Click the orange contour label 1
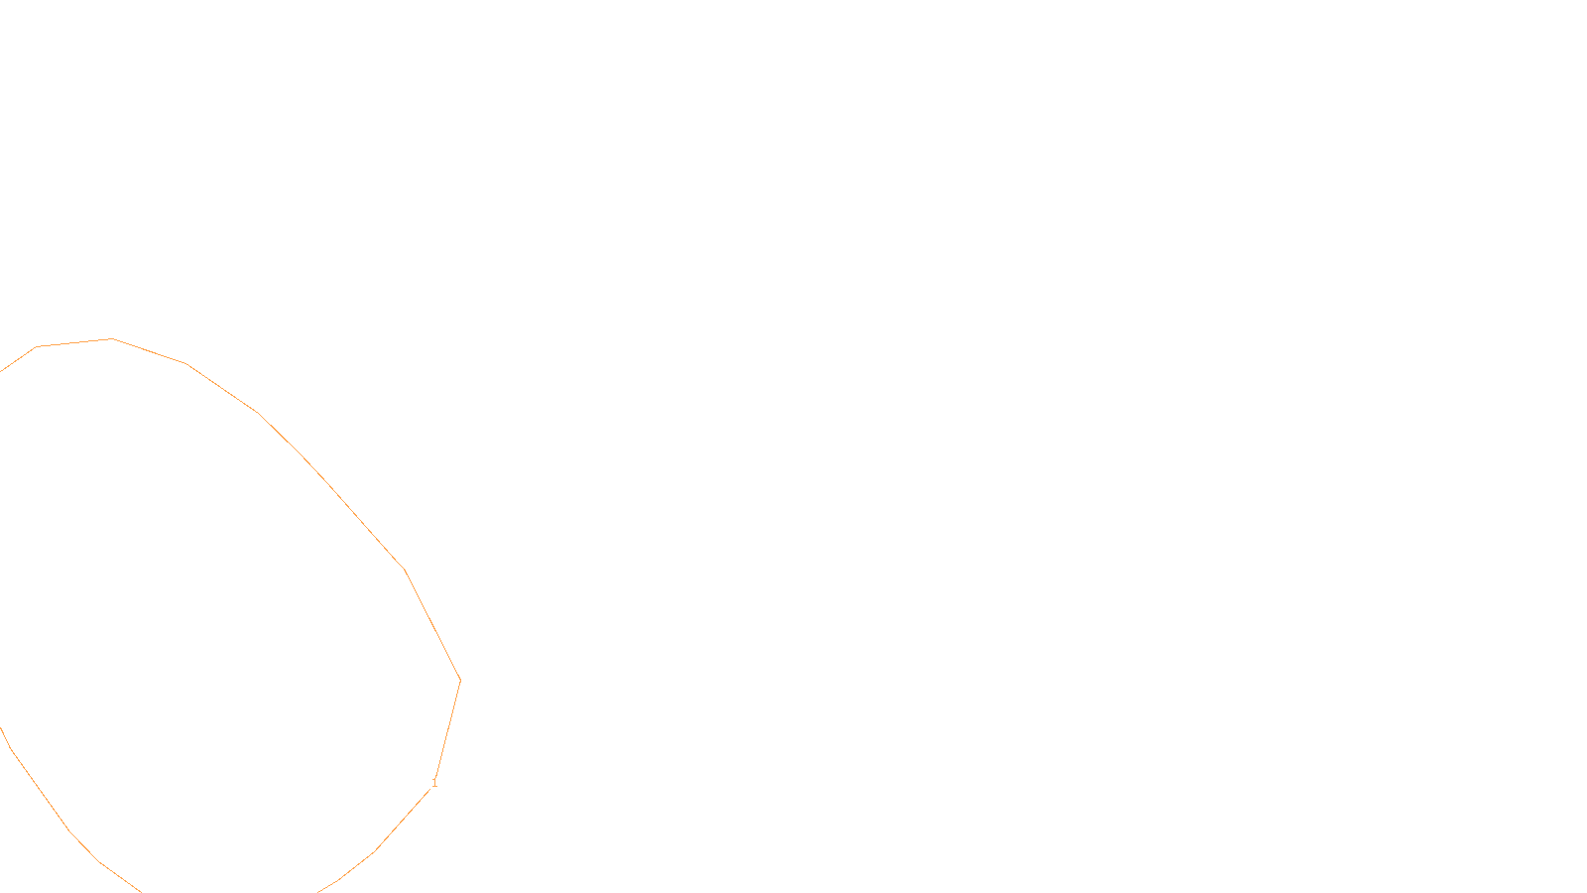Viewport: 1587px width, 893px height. pos(434,783)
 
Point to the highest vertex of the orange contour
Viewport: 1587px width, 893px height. pos(112,339)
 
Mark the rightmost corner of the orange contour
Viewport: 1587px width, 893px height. pos(460,681)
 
